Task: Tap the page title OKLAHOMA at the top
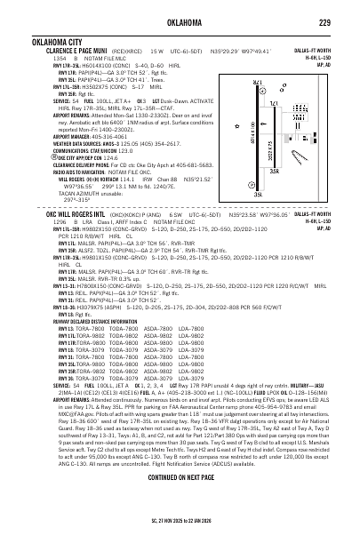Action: (180, 22)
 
